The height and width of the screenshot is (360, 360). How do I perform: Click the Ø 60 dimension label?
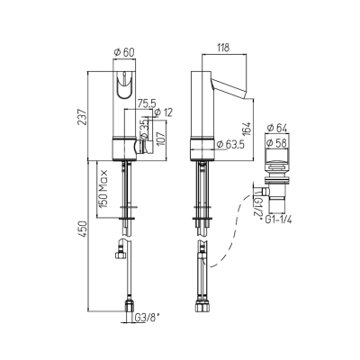tap(124, 52)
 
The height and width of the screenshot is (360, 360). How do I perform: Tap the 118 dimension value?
tap(223, 48)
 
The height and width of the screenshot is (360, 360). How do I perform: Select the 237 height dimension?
tap(82, 116)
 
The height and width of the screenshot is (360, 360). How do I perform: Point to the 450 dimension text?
tap(82, 229)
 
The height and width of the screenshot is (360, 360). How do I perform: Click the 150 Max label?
tap(103, 189)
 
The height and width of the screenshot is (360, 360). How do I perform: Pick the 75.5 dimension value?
tap(146, 103)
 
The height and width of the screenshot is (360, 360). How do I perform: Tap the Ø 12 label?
tap(164, 112)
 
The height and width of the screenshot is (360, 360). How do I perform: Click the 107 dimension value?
tap(161, 138)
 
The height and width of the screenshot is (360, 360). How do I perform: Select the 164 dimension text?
tap(247, 129)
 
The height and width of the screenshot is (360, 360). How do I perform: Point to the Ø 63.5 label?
tap(230, 144)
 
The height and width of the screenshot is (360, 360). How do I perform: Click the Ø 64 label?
tap(277, 128)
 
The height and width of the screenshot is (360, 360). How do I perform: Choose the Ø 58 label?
tap(277, 143)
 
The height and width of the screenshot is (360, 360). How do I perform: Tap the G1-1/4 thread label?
tap(279, 220)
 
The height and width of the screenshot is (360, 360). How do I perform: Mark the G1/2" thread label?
tap(258, 206)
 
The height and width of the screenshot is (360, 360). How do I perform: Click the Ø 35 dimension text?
tap(144, 130)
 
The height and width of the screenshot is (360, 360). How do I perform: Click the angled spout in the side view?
tap(229, 87)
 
